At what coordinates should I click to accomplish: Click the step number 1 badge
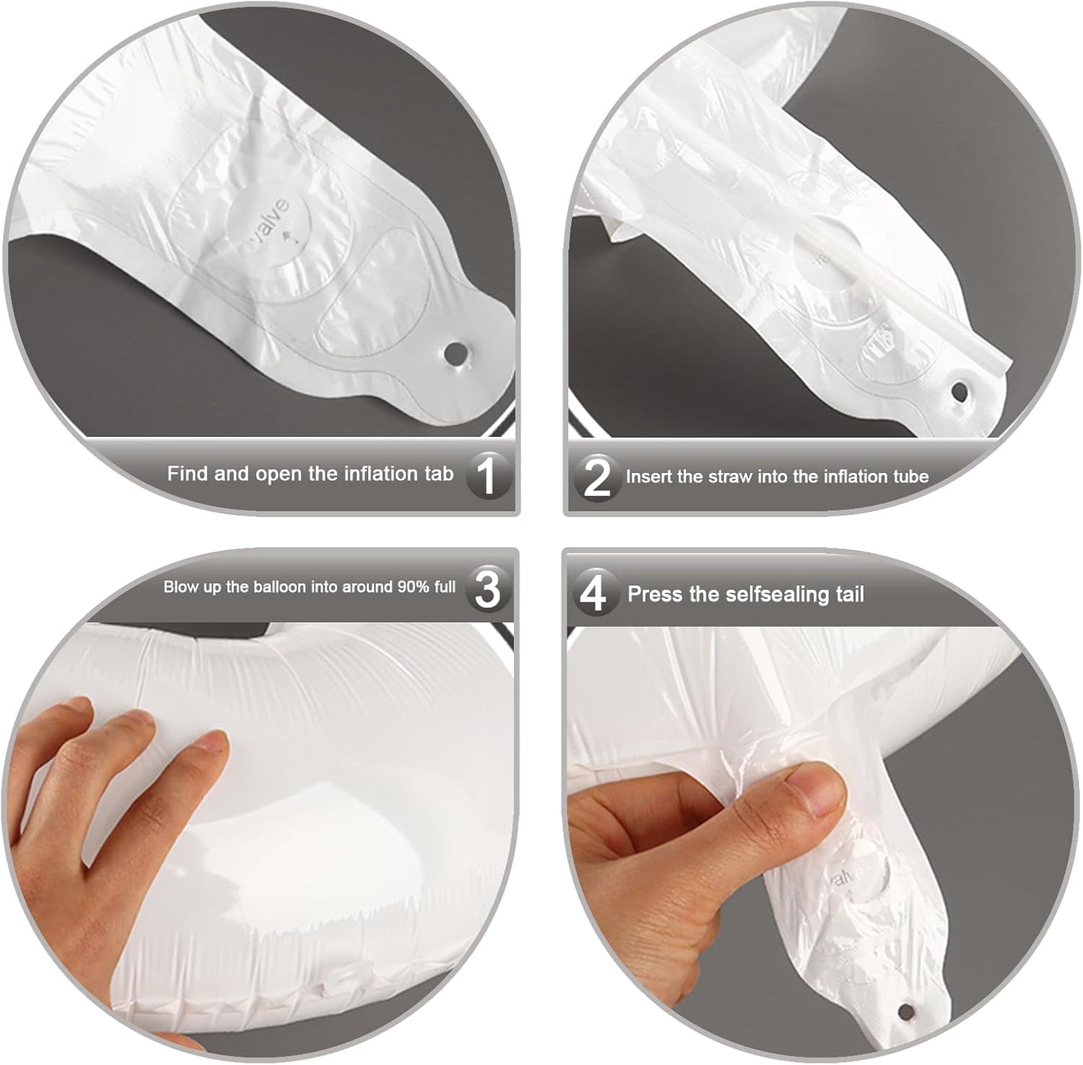coord(488,475)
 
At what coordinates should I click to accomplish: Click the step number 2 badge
coord(597,477)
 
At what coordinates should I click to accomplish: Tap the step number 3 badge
coord(488,588)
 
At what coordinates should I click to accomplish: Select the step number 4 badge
coord(594,594)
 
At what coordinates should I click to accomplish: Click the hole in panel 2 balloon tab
coord(959,391)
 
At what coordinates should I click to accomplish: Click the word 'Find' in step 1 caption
coord(187,474)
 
